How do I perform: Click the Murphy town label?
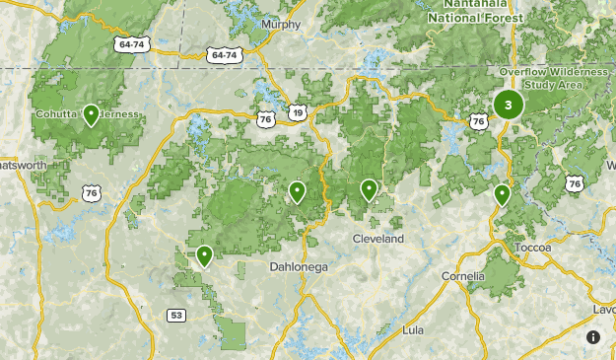[280, 25]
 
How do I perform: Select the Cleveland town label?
[378, 239]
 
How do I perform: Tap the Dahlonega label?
[299, 266]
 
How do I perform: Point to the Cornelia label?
[463, 275]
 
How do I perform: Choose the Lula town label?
[413, 329]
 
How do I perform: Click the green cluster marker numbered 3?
[508, 104]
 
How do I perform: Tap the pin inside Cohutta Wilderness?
[91, 114]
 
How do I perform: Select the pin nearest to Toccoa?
[502, 194]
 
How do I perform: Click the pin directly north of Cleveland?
[369, 188]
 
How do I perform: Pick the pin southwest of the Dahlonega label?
[204, 255]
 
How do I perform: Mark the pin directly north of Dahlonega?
[297, 191]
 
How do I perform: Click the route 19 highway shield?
[297, 113]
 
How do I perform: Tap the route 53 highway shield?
[176, 316]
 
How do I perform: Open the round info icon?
[593, 337]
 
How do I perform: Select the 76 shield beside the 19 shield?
[266, 119]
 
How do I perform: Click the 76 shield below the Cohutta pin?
[91, 193]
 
